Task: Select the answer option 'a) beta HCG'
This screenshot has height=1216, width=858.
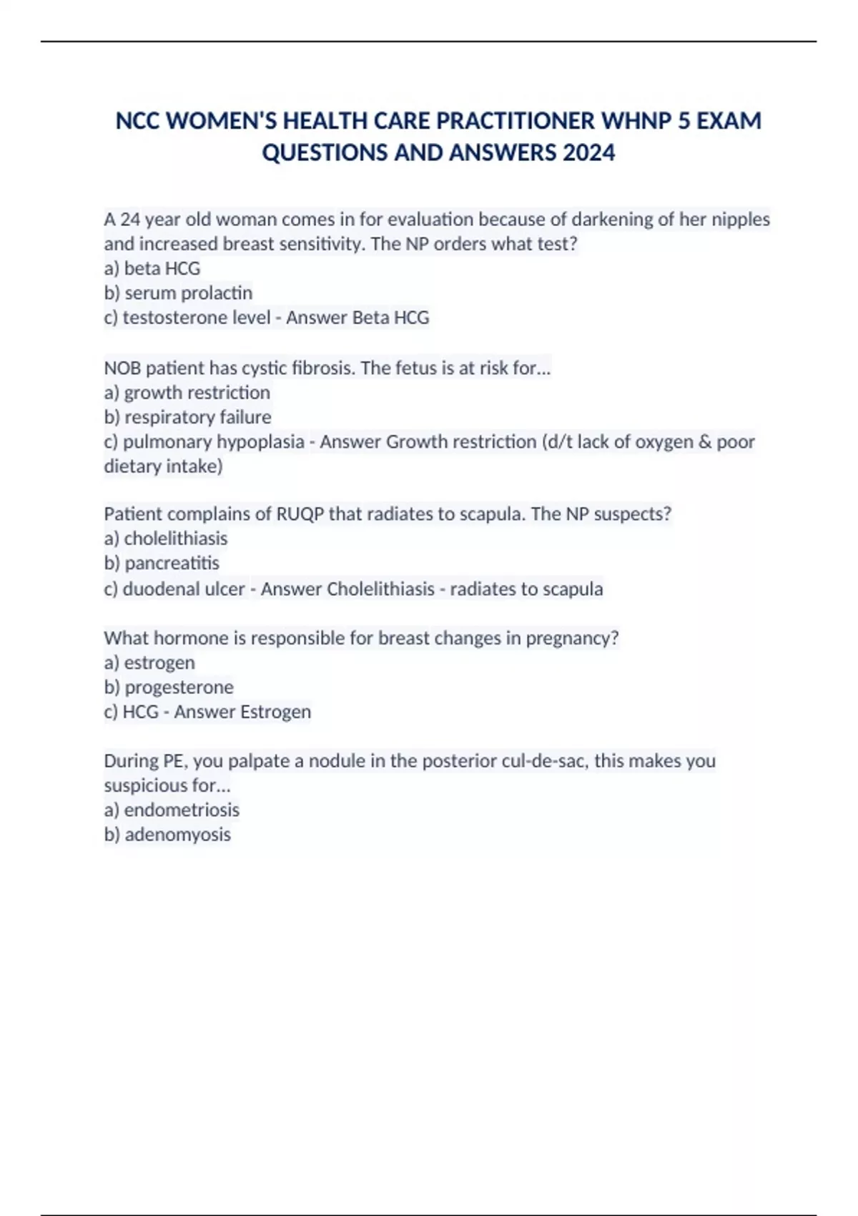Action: pyautogui.click(x=152, y=268)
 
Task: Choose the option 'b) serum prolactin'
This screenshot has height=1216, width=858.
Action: pyautogui.click(x=178, y=293)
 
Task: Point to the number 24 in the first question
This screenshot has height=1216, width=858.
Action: pyautogui.click(x=130, y=219)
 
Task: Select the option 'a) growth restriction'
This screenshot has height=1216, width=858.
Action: pyautogui.click(x=187, y=392)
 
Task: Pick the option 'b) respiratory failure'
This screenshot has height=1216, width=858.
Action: pyautogui.click(x=187, y=417)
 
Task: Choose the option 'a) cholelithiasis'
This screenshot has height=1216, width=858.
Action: pyautogui.click(x=166, y=538)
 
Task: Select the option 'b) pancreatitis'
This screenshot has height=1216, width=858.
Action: pyautogui.click(x=162, y=563)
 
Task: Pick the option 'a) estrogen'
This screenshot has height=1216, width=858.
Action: pyautogui.click(x=149, y=662)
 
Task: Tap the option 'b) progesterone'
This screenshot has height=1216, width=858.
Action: pyautogui.click(x=169, y=687)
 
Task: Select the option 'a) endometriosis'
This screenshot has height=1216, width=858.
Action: pyautogui.click(x=172, y=810)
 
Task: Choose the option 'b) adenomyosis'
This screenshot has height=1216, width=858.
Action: pyautogui.click(x=167, y=834)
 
